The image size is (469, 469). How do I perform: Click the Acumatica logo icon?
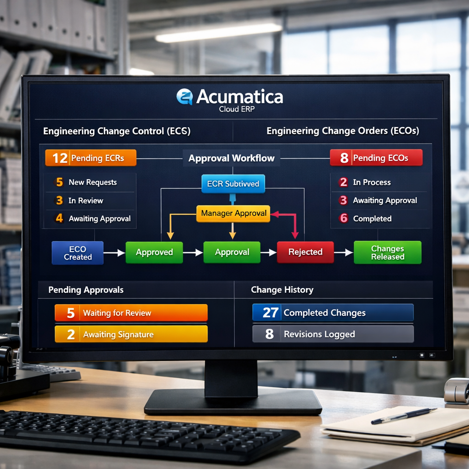[185, 97]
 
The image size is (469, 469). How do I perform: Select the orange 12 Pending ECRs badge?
[91, 158]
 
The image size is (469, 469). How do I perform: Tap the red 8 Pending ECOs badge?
[376, 158]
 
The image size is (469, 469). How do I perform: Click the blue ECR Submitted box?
[233, 184]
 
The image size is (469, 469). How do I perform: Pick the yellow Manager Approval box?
[233, 213]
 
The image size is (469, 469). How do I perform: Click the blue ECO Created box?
[78, 253]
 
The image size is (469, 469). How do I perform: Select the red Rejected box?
[305, 252]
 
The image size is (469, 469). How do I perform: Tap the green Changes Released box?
[387, 252]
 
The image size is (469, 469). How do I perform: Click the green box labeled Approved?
[154, 252]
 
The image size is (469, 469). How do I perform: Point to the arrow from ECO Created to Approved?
[114, 252]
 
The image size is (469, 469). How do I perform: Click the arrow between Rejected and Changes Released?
[344, 252]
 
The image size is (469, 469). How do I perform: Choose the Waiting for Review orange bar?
[131, 313]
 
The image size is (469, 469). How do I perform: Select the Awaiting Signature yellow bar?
[131, 334]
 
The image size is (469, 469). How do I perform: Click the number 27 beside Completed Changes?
[270, 313]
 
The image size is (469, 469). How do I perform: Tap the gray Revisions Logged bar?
[333, 334]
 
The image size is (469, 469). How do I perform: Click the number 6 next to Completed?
[344, 218]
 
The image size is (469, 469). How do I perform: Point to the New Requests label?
[93, 182]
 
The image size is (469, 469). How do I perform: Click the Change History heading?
[282, 290]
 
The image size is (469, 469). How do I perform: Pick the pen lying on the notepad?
[404, 416]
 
